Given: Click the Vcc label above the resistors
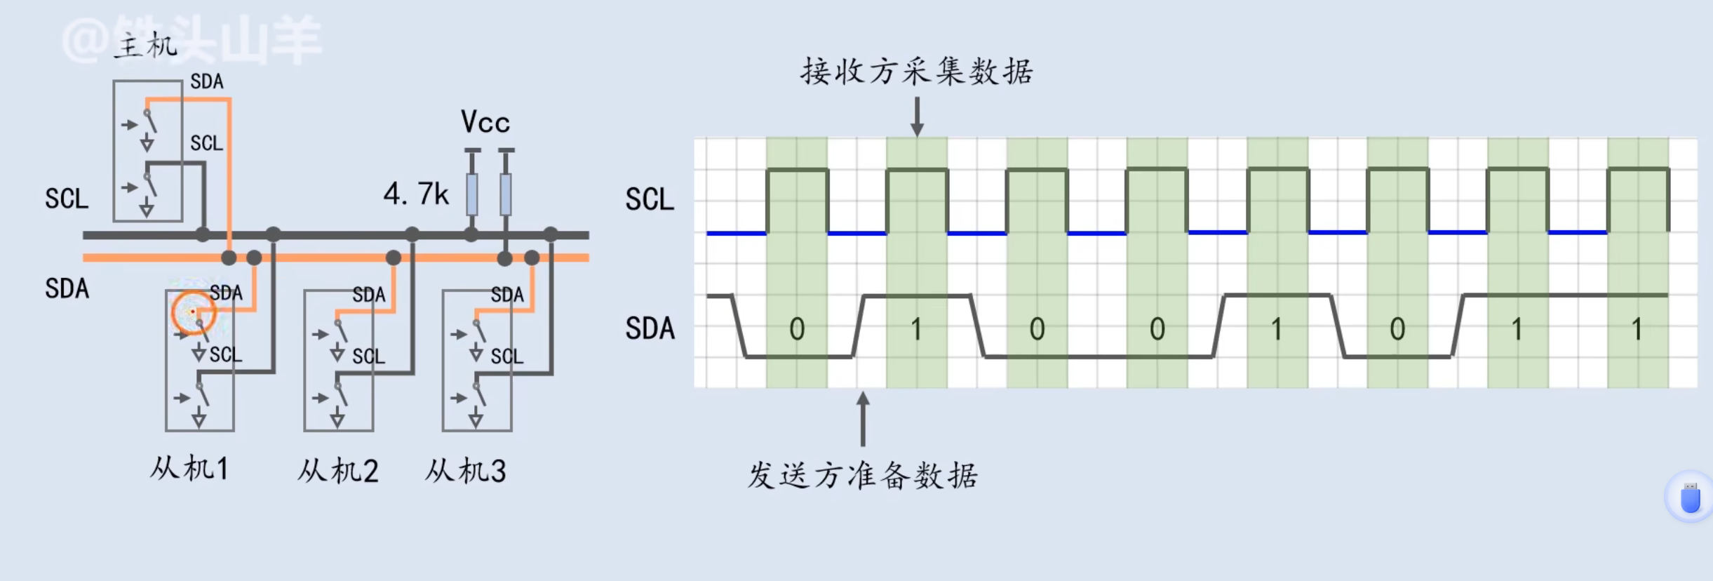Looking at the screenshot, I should (x=485, y=122).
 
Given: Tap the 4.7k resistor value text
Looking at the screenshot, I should (x=416, y=194).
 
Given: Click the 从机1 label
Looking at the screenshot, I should (x=189, y=468).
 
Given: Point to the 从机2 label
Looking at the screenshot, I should (x=338, y=471).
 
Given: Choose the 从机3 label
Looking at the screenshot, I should (x=466, y=471).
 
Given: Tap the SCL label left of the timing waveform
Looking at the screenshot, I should (x=650, y=199).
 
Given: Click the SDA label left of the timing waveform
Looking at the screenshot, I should (x=650, y=328).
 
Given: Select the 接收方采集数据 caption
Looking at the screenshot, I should (x=917, y=72).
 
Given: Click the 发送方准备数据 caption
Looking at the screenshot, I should (x=863, y=476).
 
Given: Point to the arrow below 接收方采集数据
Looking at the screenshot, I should (x=917, y=116).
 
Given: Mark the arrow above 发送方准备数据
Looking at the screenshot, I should (x=863, y=418).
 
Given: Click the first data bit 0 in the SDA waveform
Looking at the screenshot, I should (x=797, y=329).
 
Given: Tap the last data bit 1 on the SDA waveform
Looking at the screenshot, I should (x=1637, y=329).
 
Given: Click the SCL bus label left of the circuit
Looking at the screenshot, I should (x=67, y=199).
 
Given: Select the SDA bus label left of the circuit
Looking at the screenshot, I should (x=67, y=288).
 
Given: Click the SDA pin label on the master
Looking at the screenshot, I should (x=207, y=81).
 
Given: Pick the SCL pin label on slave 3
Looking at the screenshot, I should (x=507, y=356).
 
